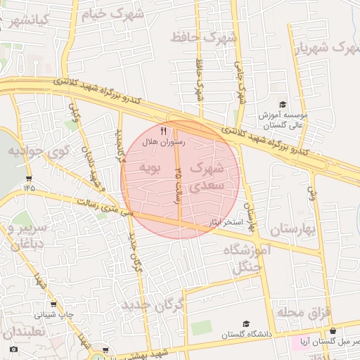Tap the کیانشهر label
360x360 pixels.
tap(27, 18)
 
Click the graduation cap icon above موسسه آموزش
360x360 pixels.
tap(283, 103)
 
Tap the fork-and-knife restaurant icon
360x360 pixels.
tap(164, 130)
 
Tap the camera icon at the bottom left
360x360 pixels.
tap(13, 349)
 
